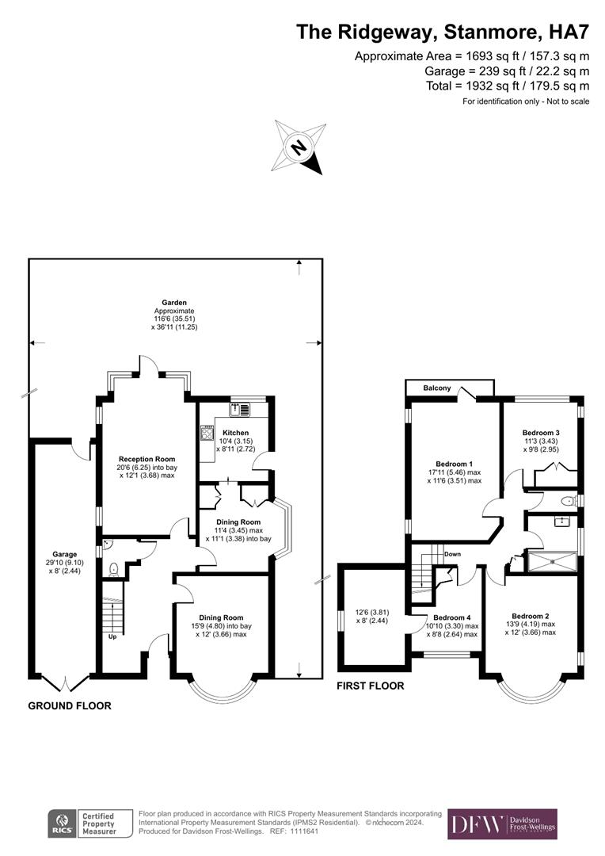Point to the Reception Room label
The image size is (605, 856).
pyautogui.click(x=146, y=459)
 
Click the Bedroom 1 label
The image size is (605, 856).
pyautogui.click(x=455, y=464)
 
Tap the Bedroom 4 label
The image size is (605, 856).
pyautogui.click(x=452, y=617)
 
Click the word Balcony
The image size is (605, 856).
pyautogui.click(x=436, y=388)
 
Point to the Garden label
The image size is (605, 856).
pyautogui.click(x=174, y=302)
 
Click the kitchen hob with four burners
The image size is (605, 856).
pyautogui.click(x=208, y=433)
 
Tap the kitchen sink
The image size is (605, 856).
pyautogui.click(x=238, y=409)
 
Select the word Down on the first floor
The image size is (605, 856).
pyautogui.click(x=452, y=554)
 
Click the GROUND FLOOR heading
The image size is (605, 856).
pyautogui.click(x=70, y=705)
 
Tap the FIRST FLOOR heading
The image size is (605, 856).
pyautogui.click(x=371, y=686)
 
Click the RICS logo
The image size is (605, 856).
pyautogui.click(x=60, y=824)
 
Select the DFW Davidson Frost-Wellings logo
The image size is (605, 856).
pyautogui.click(x=502, y=824)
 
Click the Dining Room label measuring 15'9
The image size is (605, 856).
pyautogui.click(x=221, y=617)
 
